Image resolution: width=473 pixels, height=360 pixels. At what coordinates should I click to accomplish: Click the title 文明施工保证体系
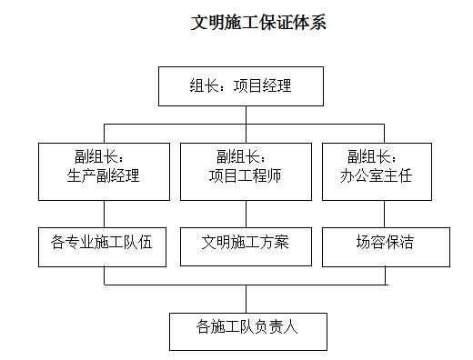258,23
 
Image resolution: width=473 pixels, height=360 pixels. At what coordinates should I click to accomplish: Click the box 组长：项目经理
240,87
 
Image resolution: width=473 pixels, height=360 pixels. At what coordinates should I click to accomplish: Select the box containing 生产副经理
103,171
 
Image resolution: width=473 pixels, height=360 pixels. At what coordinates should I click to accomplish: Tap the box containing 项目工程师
245,171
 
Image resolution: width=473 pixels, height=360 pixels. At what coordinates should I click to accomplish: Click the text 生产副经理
104,176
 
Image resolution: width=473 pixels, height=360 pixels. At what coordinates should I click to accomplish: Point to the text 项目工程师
245,176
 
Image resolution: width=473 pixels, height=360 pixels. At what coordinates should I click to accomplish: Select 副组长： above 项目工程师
241,156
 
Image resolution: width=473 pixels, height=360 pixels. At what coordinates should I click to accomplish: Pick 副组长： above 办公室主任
373,156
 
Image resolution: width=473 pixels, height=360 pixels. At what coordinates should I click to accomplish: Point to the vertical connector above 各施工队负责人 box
246,298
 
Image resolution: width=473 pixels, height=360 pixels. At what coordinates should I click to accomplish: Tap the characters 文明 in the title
206,23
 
